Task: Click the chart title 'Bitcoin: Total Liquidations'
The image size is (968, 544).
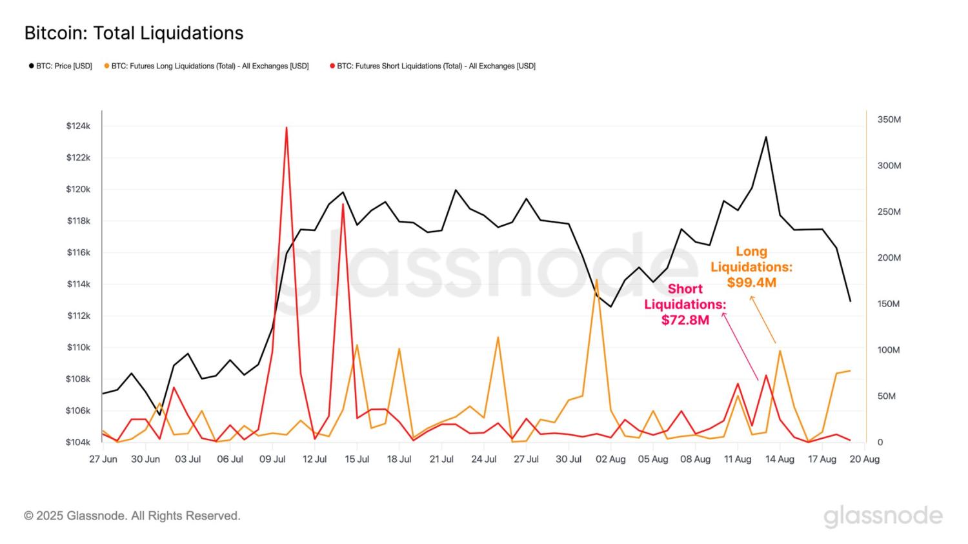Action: [134, 33]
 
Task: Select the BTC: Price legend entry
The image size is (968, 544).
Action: [61, 66]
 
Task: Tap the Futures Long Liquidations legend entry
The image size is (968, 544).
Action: [207, 66]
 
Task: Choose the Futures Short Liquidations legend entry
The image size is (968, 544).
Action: [433, 66]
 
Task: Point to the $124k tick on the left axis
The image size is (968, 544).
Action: [78, 126]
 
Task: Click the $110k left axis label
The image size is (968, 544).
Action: [78, 347]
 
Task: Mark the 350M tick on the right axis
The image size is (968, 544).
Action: [889, 119]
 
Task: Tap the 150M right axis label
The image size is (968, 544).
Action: [889, 304]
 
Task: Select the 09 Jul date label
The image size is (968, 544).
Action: [272, 459]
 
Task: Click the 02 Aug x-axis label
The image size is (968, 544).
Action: [610, 459]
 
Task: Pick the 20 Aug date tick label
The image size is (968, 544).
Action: [864, 459]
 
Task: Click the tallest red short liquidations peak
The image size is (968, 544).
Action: [286, 128]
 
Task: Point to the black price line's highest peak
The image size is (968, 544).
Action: [766, 137]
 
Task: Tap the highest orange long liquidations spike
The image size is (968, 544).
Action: [596, 279]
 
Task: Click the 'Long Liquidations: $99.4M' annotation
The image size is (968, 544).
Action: [751, 267]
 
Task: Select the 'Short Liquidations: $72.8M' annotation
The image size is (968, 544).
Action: [685, 304]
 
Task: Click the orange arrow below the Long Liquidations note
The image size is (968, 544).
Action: [763, 320]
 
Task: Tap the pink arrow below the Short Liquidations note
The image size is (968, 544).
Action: [740, 347]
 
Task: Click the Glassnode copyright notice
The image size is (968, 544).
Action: [132, 516]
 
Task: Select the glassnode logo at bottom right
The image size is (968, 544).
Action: [883, 516]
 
